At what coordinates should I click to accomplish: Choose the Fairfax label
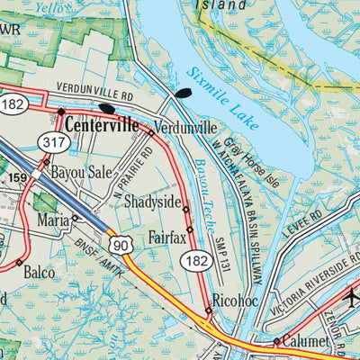point(166,239)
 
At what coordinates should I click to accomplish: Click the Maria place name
point(52,220)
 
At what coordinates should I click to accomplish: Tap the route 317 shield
point(53,140)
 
